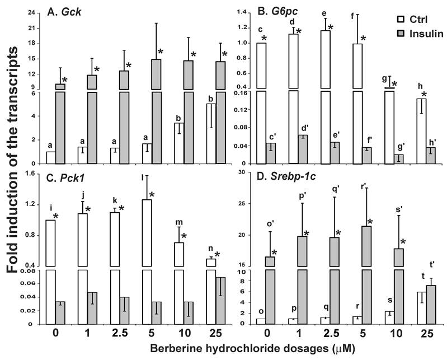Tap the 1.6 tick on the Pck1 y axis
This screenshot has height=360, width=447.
pos(35,175)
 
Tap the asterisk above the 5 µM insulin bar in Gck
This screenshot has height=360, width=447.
pos(160,52)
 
